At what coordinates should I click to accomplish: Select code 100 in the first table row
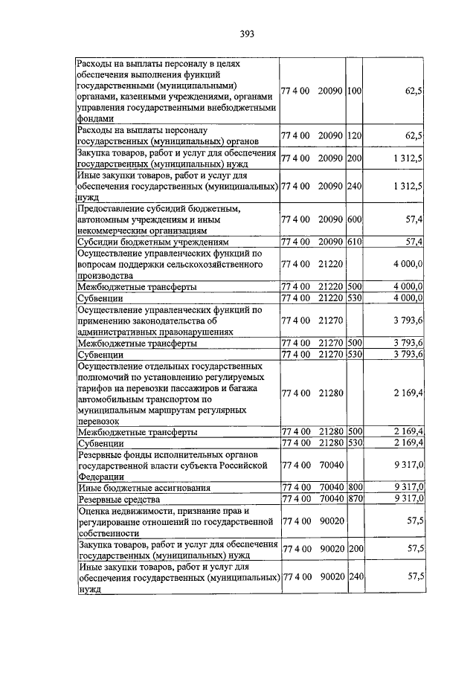354,91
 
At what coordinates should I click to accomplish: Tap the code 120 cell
354,136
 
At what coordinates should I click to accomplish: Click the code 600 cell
354,221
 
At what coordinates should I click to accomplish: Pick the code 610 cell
354,242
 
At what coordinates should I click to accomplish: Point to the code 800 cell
354,488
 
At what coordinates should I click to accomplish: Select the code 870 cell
354,499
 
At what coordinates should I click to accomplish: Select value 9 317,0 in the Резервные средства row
410,499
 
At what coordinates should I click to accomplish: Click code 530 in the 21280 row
354,443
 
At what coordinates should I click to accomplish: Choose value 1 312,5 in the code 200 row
406,158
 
